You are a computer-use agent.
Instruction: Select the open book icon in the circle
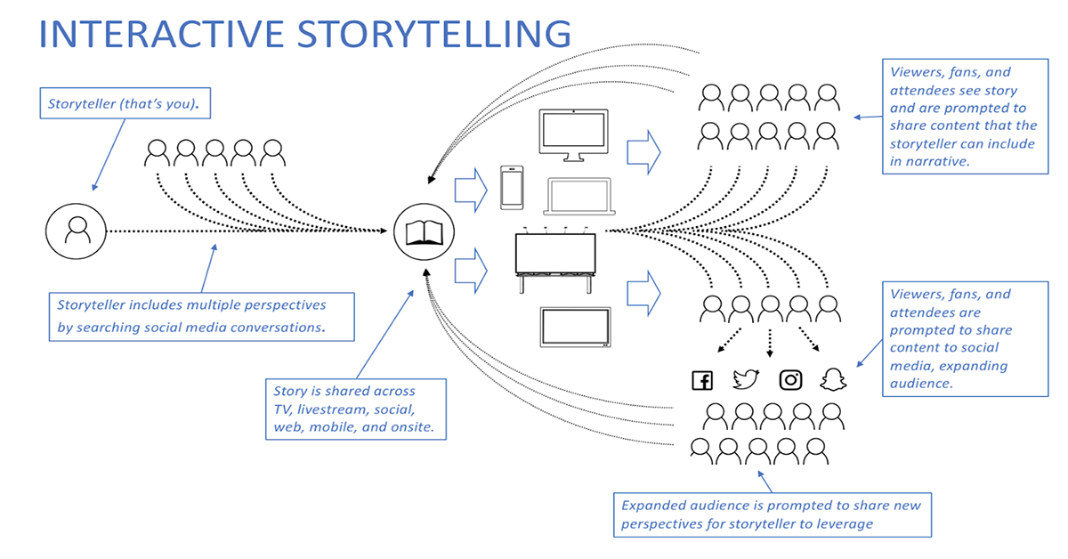pyautogui.click(x=424, y=232)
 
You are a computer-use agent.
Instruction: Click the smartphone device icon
pyautogui.click(x=512, y=188)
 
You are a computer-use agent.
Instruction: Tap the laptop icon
pyautogui.click(x=578, y=197)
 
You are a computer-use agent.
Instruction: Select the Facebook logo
pyautogui.click(x=702, y=380)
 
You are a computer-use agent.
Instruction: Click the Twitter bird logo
pyautogui.click(x=745, y=380)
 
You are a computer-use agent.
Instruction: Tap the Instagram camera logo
pyautogui.click(x=790, y=380)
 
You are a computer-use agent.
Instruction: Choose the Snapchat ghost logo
pyautogui.click(x=834, y=380)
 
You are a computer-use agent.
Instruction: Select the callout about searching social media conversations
pyautogui.click(x=200, y=316)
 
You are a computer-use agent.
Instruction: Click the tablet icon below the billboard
pyautogui.click(x=575, y=327)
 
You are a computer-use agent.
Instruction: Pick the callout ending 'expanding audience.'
pyautogui.click(x=965, y=338)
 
